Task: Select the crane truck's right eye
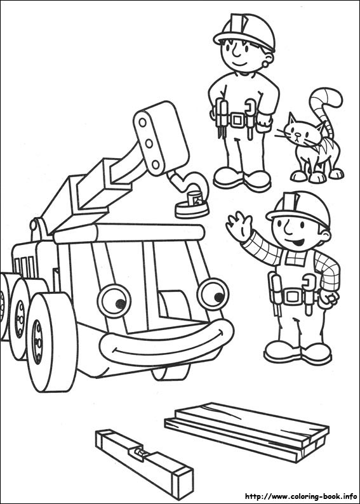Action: tap(213, 293)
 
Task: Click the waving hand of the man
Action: tap(239, 227)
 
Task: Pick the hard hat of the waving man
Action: tap(300, 208)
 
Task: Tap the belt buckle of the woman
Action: tap(238, 119)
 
